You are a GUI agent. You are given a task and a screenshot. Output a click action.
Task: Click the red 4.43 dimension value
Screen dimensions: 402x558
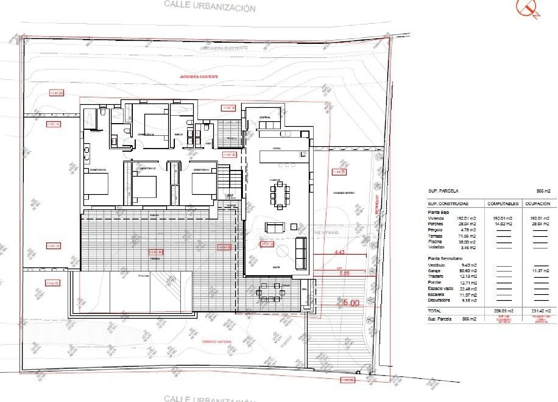[x=340, y=252]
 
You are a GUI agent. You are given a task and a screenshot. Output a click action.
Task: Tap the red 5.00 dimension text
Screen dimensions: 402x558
[x=350, y=303]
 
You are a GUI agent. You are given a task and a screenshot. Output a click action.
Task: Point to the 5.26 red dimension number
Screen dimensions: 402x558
[x=344, y=273]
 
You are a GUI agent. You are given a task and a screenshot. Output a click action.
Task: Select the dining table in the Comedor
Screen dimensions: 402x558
[x=280, y=194]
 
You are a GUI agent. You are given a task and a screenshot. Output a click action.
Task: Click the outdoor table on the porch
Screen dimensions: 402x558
[x=270, y=292]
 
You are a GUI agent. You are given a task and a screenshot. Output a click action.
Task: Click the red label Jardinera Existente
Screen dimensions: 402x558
[x=199, y=77]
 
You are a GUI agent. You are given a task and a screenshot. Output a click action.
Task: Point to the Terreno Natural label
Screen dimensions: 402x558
[x=217, y=341]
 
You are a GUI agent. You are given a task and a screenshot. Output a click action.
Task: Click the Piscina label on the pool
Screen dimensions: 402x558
[x=143, y=276]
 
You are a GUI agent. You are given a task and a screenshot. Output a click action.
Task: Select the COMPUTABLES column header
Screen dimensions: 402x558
[x=503, y=204]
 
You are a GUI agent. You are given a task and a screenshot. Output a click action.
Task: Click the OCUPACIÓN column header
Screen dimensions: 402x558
[x=538, y=204]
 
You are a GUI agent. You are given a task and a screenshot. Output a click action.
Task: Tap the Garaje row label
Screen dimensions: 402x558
[x=434, y=271]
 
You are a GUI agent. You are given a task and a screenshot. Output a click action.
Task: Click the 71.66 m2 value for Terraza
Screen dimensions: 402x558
[x=468, y=236]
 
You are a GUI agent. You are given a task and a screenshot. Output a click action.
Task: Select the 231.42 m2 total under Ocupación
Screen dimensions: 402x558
[x=541, y=311]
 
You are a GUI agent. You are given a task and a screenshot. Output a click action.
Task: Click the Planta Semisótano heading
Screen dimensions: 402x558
[x=445, y=258]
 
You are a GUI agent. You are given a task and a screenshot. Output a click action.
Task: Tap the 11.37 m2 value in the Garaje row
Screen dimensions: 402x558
[x=540, y=271]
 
